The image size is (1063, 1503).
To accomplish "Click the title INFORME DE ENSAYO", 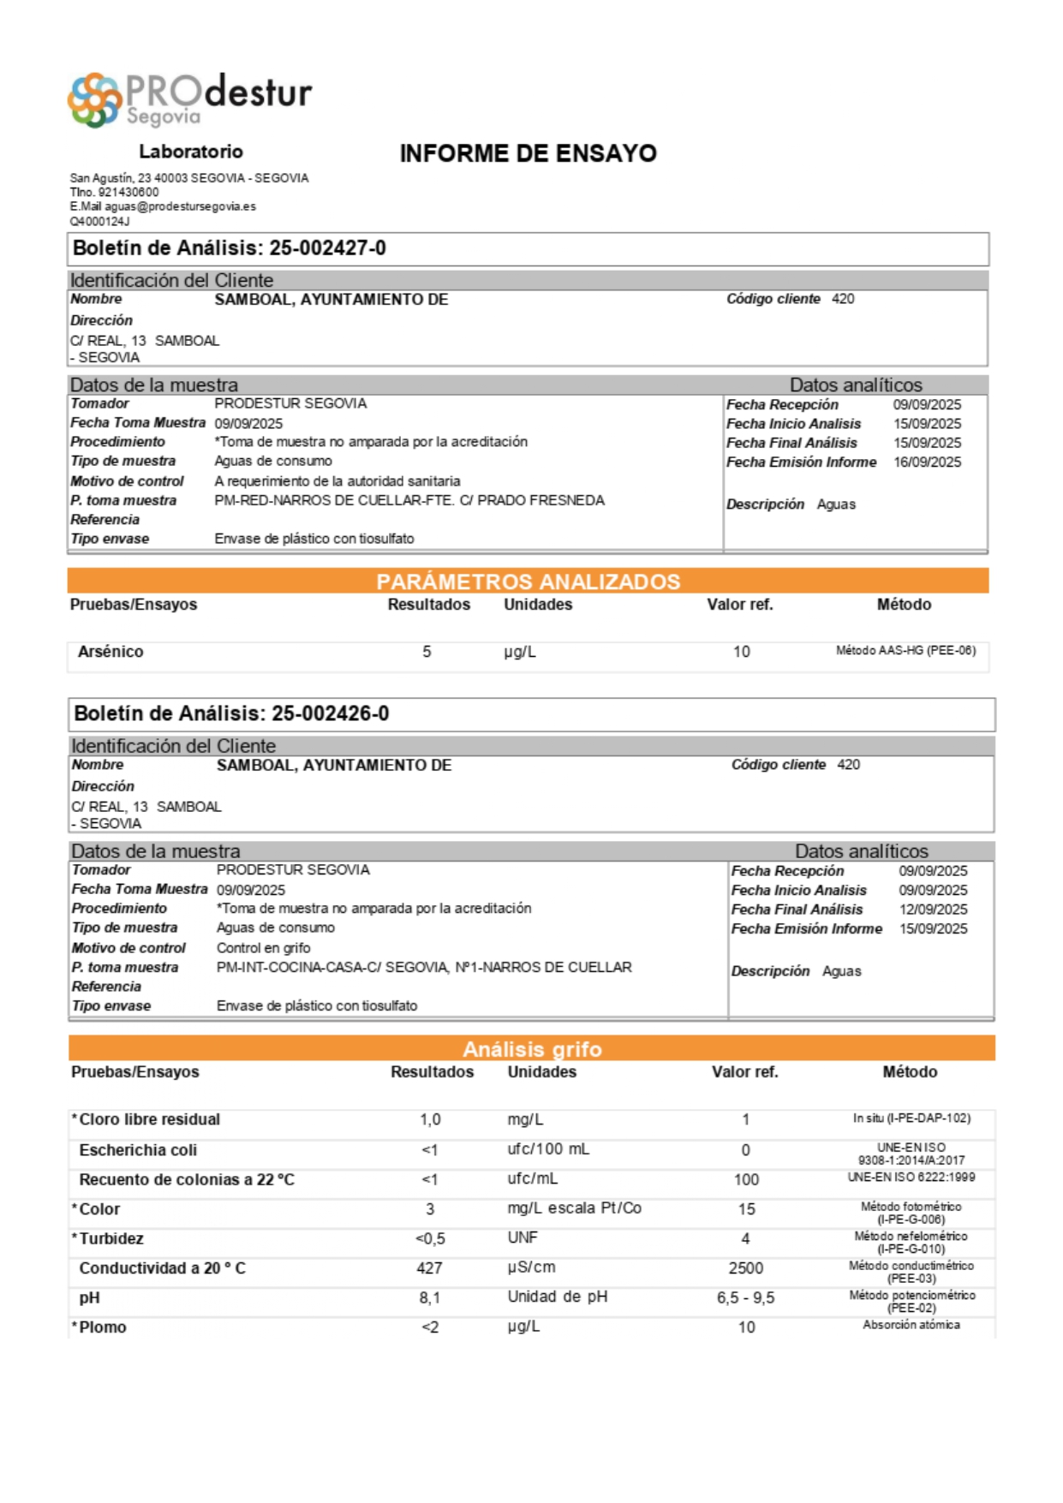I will pyautogui.click(x=528, y=153).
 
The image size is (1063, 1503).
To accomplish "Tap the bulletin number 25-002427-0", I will pyautogui.click(x=327, y=248).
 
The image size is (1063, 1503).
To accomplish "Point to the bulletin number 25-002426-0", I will pyautogui.click(x=330, y=714).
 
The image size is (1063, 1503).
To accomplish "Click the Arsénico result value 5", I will pyautogui.click(x=427, y=652).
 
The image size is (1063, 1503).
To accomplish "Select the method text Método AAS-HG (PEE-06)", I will pyautogui.click(x=905, y=651).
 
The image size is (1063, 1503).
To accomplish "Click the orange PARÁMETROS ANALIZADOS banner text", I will pyautogui.click(x=528, y=582).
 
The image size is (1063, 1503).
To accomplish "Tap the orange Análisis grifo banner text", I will pyautogui.click(x=532, y=1049).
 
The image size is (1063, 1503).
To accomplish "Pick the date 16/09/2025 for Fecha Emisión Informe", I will pyautogui.click(x=927, y=462).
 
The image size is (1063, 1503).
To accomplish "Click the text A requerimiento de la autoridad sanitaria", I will pyautogui.click(x=337, y=481).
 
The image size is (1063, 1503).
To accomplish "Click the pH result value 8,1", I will pyautogui.click(x=429, y=1298).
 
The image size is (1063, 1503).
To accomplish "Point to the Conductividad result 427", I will pyautogui.click(x=429, y=1268).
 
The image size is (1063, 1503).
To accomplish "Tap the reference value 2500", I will pyautogui.click(x=745, y=1268).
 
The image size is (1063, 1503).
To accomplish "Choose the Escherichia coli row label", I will pyautogui.click(x=138, y=1150).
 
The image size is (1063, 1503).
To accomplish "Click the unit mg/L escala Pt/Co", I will pyautogui.click(x=574, y=1208).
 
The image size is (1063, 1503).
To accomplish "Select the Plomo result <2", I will pyautogui.click(x=429, y=1327).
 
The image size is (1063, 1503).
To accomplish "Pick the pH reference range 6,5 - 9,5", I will pyautogui.click(x=745, y=1298).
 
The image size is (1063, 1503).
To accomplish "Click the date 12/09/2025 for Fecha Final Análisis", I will pyautogui.click(x=933, y=910).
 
